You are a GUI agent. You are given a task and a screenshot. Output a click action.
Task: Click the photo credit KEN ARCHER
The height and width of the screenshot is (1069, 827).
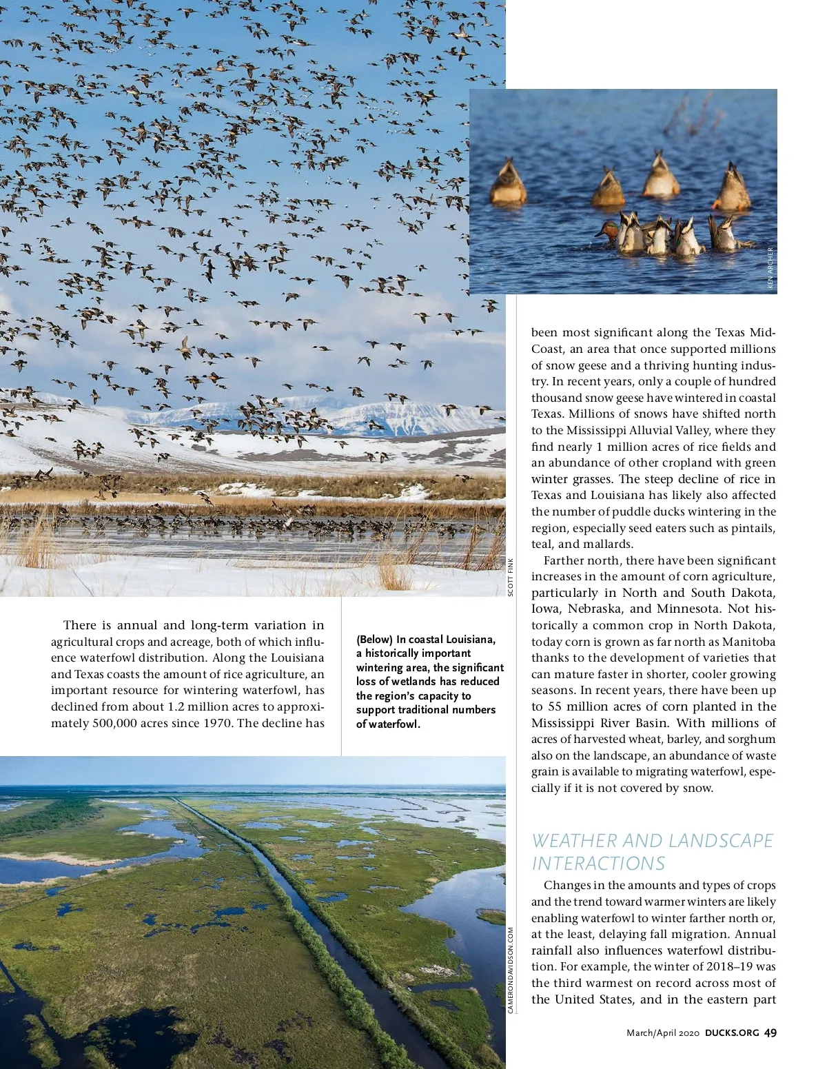point(770,269)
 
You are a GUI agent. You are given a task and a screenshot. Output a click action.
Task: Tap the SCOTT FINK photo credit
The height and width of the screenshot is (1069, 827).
point(511,577)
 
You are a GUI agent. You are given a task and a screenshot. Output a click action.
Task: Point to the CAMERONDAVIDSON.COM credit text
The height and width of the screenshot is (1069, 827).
point(511,970)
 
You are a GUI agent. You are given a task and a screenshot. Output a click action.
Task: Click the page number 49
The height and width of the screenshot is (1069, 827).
point(770,1032)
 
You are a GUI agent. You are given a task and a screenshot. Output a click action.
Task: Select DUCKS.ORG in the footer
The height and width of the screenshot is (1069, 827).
point(732,1032)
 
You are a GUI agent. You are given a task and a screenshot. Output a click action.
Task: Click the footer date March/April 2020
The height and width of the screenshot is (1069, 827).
point(663,1032)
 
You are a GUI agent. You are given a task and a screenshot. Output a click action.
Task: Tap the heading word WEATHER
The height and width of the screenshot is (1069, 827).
point(574,841)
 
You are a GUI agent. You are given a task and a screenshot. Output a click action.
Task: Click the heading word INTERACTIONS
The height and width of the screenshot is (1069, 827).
point(598,863)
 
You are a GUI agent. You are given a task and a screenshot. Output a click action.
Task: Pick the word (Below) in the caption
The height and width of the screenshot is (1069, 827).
point(374,640)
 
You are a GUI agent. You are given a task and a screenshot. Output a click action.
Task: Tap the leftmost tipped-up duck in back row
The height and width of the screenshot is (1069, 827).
point(508,183)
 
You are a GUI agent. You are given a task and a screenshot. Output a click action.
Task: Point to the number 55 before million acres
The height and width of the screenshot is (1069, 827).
point(555,706)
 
